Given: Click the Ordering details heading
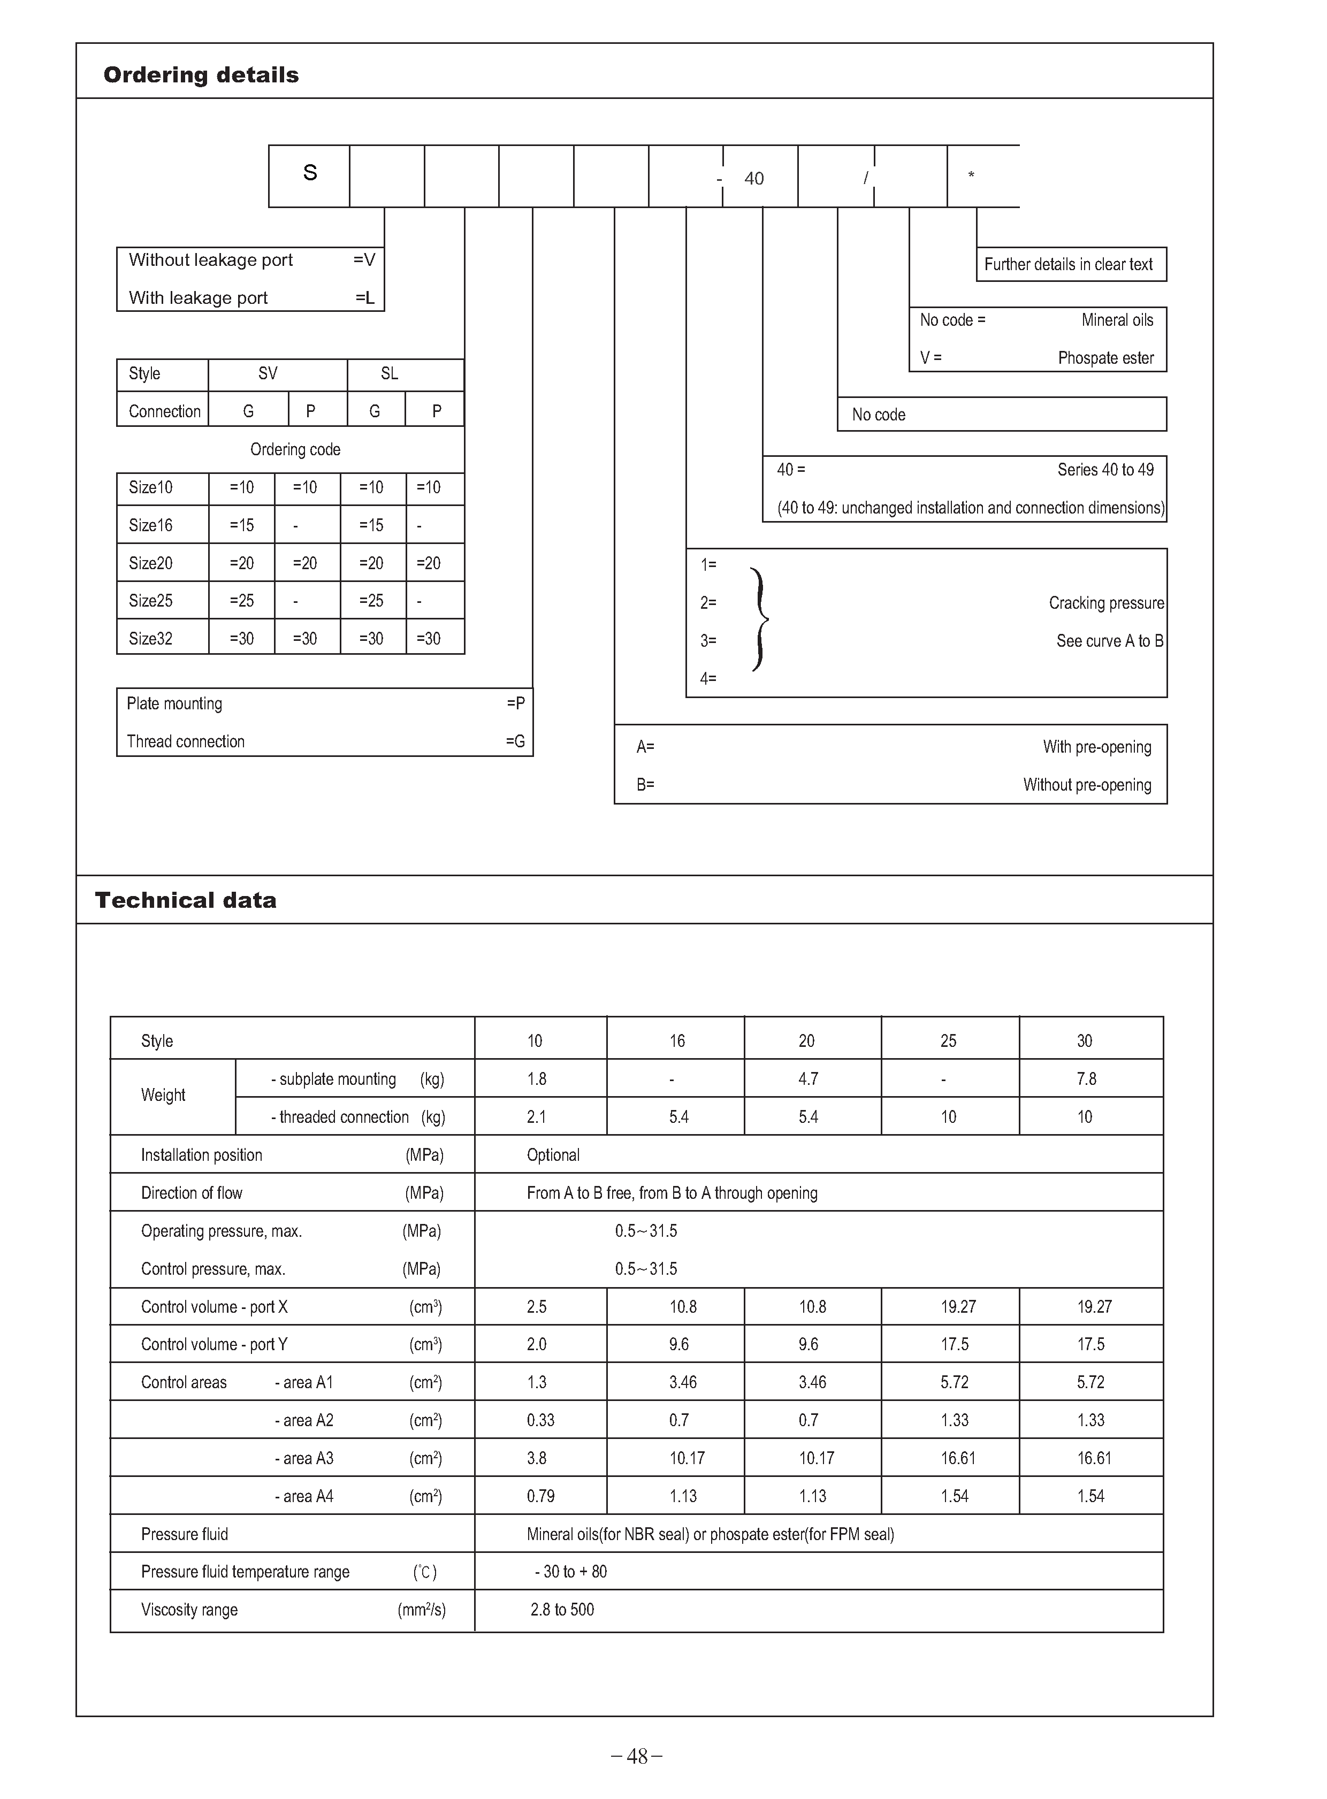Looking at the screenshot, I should pyautogui.click(x=201, y=75).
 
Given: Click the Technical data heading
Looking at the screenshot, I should pyautogui.click(x=186, y=900).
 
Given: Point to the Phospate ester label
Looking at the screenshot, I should pyautogui.click(x=1105, y=358).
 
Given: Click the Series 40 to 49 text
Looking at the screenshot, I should pyautogui.click(x=1105, y=470).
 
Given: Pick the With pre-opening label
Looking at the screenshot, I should pyautogui.click(x=1096, y=747).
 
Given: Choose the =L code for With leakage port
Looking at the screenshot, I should pyautogui.click(x=365, y=298).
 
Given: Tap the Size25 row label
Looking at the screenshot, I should pyautogui.click(x=151, y=601).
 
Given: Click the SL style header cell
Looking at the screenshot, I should pyautogui.click(x=390, y=373).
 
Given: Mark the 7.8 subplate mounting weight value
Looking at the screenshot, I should pyautogui.click(x=1086, y=1078).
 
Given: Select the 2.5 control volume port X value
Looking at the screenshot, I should pyautogui.click(x=537, y=1307).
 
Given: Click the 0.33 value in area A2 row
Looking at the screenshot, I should pyautogui.click(x=540, y=1420).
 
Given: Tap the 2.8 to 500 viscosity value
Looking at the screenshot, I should pyautogui.click(x=562, y=1610).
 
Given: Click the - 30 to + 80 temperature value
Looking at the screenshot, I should pyautogui.click(x=571, y=1572).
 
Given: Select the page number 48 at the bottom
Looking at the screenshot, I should pyautogui.click(x=637, y=1756).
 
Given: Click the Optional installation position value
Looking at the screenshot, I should pyautogui.click(x=553, y=1155).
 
